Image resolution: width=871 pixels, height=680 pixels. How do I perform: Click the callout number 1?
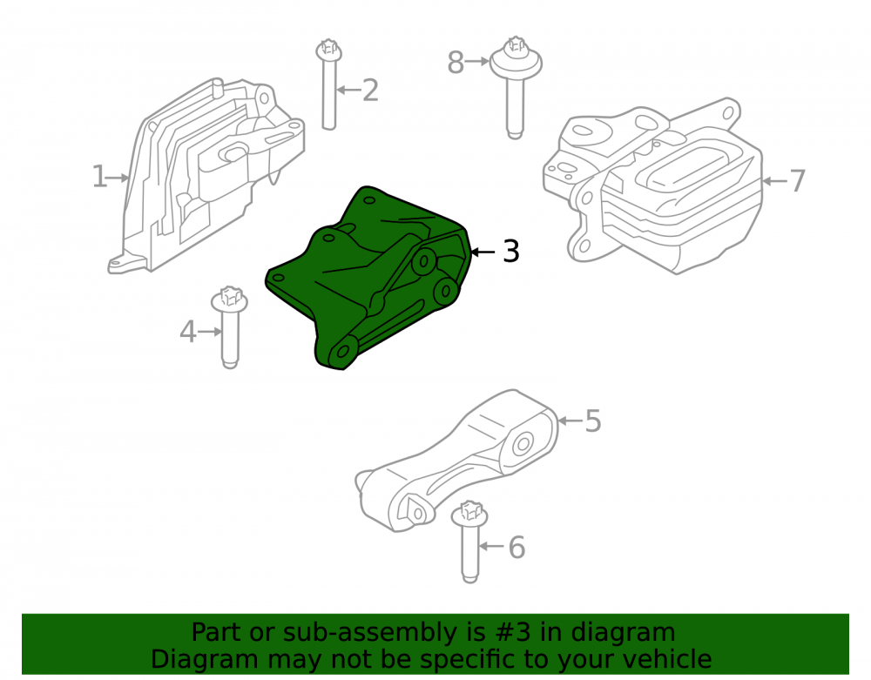(x=99, y=177)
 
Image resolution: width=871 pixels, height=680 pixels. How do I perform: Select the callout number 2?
(x=370, y=90)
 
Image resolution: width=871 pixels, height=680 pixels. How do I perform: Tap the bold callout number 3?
(x=511, y=251)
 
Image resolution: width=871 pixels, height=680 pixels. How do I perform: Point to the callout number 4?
(x=188, y=332)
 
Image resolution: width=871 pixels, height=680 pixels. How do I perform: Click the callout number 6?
(x=517, y=548)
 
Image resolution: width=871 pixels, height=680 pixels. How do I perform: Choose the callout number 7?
(x=797, y=180)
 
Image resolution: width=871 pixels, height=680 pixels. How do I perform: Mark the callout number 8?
(x=456, y=62)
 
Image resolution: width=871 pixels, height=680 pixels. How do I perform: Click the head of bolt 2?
(x=329, y=50)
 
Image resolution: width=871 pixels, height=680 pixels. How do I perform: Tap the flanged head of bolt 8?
(x=516, y=59)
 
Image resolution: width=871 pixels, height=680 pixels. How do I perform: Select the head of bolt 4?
(x=229, y=300)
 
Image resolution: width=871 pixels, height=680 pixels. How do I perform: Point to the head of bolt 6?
(x=469, y=515)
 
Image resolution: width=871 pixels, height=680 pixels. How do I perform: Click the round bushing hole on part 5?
(x=522, y=445)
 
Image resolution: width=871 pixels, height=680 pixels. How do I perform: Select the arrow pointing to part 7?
(x=775, y=181)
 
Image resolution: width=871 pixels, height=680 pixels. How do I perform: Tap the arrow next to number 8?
(x=477, y=61)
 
